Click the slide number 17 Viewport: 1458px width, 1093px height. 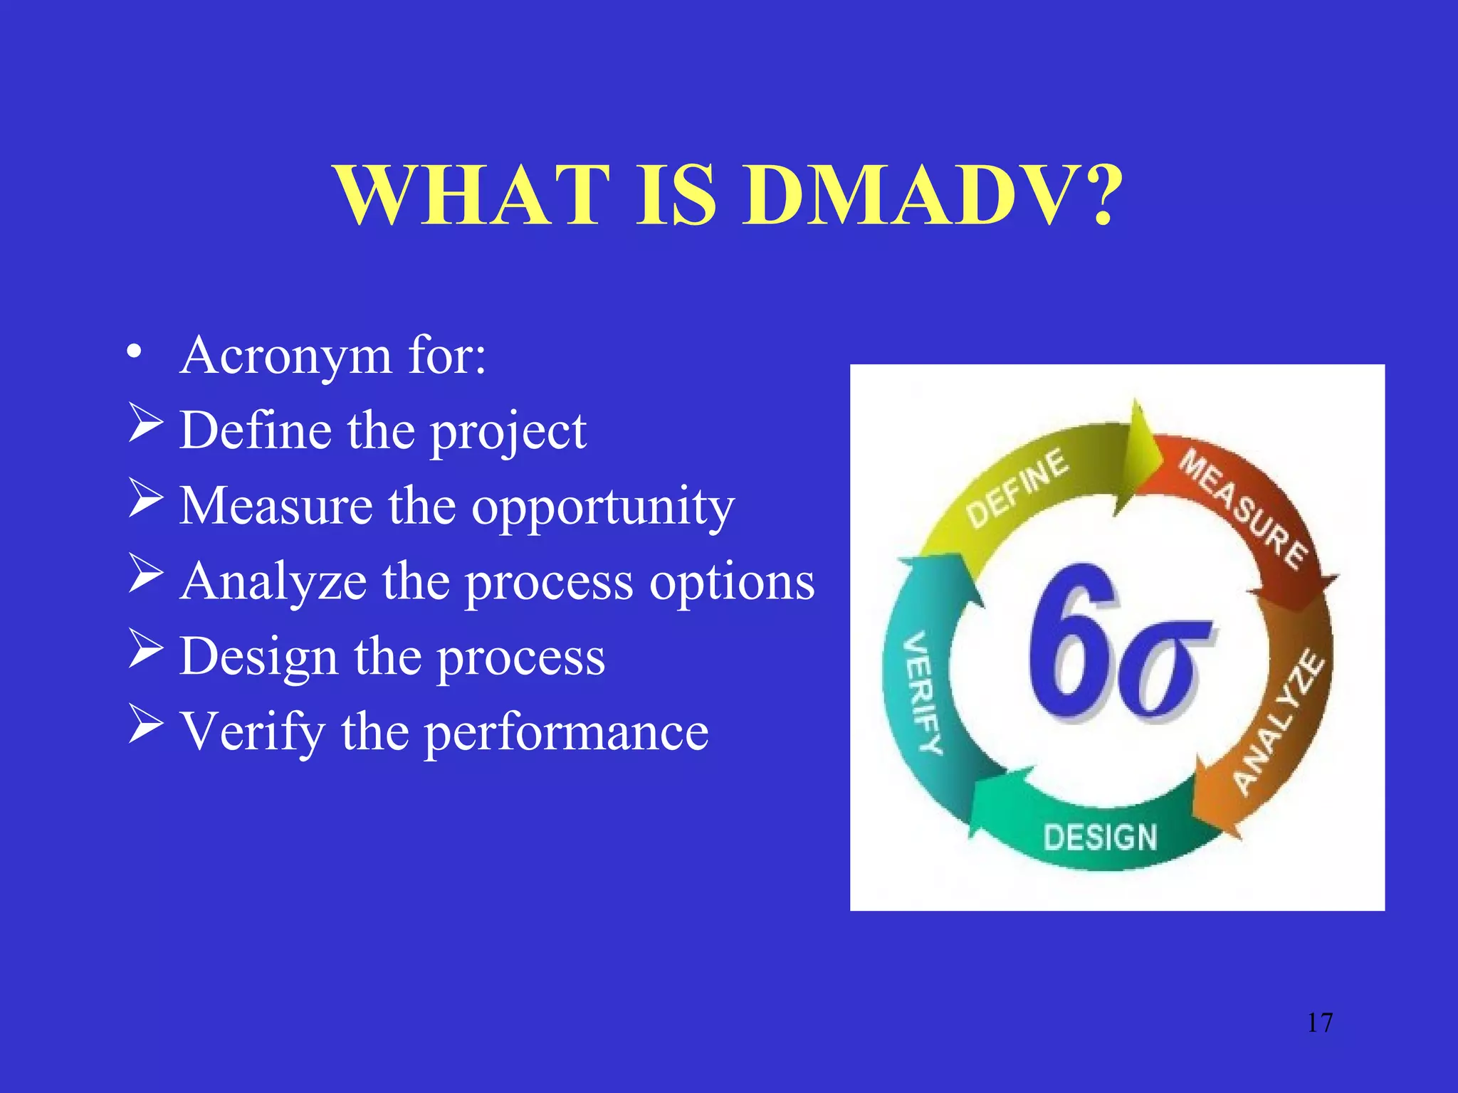[x=1319, y=1023]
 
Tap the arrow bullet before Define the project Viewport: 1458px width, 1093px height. [x=146, y=423]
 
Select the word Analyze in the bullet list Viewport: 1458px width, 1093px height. [x=273, y=582]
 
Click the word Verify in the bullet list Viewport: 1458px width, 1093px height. [x=252, y=733]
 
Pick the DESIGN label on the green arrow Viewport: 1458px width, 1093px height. [x=1100, y=838]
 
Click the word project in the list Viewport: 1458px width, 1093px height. [x=508, y=433]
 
